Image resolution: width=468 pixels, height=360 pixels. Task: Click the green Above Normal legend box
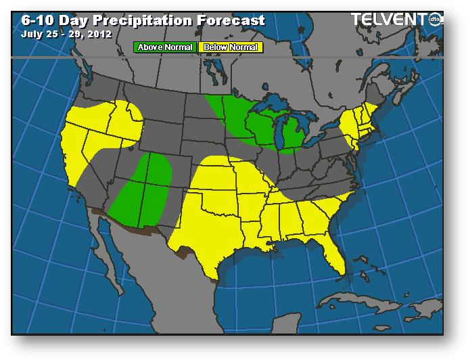166,47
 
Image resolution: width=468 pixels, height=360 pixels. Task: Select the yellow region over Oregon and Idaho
108,122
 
